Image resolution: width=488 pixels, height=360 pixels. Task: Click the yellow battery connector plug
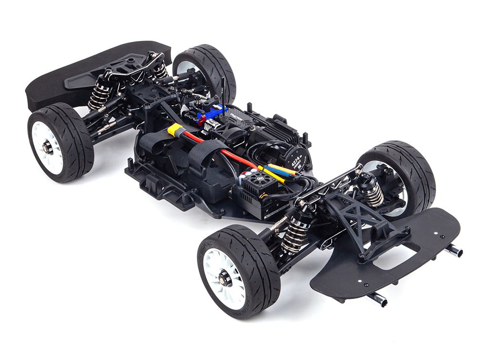point(176,130)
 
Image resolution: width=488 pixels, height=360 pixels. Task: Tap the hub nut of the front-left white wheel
point(48,147)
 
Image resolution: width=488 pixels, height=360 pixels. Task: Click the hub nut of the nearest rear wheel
point(224,278)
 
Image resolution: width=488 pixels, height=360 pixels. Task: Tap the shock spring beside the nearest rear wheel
point(295,234)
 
